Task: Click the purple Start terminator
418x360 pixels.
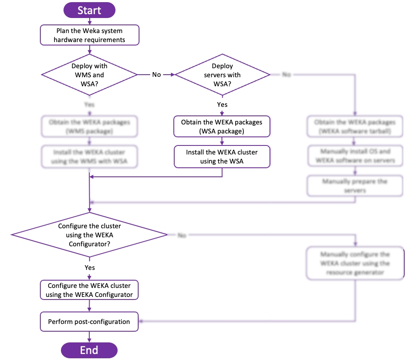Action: (x=89, y=10)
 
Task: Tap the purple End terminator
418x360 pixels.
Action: (x=89, y=350)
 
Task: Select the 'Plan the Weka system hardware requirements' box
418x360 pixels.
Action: (x=90, y=35)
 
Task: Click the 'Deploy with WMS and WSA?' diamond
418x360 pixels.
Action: (x=89, y=75)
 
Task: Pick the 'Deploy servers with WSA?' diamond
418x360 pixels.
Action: (x=222, y=75)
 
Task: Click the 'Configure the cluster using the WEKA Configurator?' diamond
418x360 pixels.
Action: (x=89, y=235)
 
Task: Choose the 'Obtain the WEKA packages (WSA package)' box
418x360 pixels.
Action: (x=222, y=127)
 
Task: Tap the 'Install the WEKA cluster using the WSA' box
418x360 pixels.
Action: (x=222, y=157)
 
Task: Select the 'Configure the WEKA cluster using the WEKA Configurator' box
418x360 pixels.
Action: (x=89, y=290)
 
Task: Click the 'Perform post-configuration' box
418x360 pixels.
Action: (x=89, y=321)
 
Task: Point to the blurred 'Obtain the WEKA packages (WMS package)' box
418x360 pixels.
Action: (x=89, y=127)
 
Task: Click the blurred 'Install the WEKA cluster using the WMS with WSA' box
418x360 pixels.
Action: (x=89, y=157)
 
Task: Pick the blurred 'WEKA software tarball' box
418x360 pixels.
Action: (x=355, y=127)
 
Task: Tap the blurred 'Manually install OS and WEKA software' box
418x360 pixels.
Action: (x=355, y=156)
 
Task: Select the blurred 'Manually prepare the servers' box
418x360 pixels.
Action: (x=355, y=185)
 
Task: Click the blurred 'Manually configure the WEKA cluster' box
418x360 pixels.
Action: (x=355, y=263)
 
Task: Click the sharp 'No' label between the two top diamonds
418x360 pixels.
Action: (x=157, y=75)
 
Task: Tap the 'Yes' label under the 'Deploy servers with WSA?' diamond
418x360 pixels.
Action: (x=222, y=105)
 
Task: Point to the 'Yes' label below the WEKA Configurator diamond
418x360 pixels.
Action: (x=90, y=267)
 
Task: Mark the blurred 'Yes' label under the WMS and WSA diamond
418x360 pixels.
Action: (x=90, y=105)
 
